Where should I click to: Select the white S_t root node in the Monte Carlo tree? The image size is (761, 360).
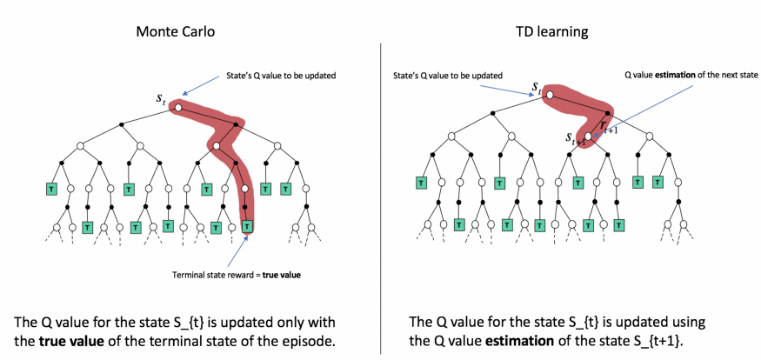pyautogui.click(x=177, y=108)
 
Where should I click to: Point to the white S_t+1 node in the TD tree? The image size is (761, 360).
pyautogui.click(x=589, y=137)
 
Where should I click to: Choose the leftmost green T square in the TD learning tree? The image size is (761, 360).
pyautogui.click(x=422, y=183)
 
